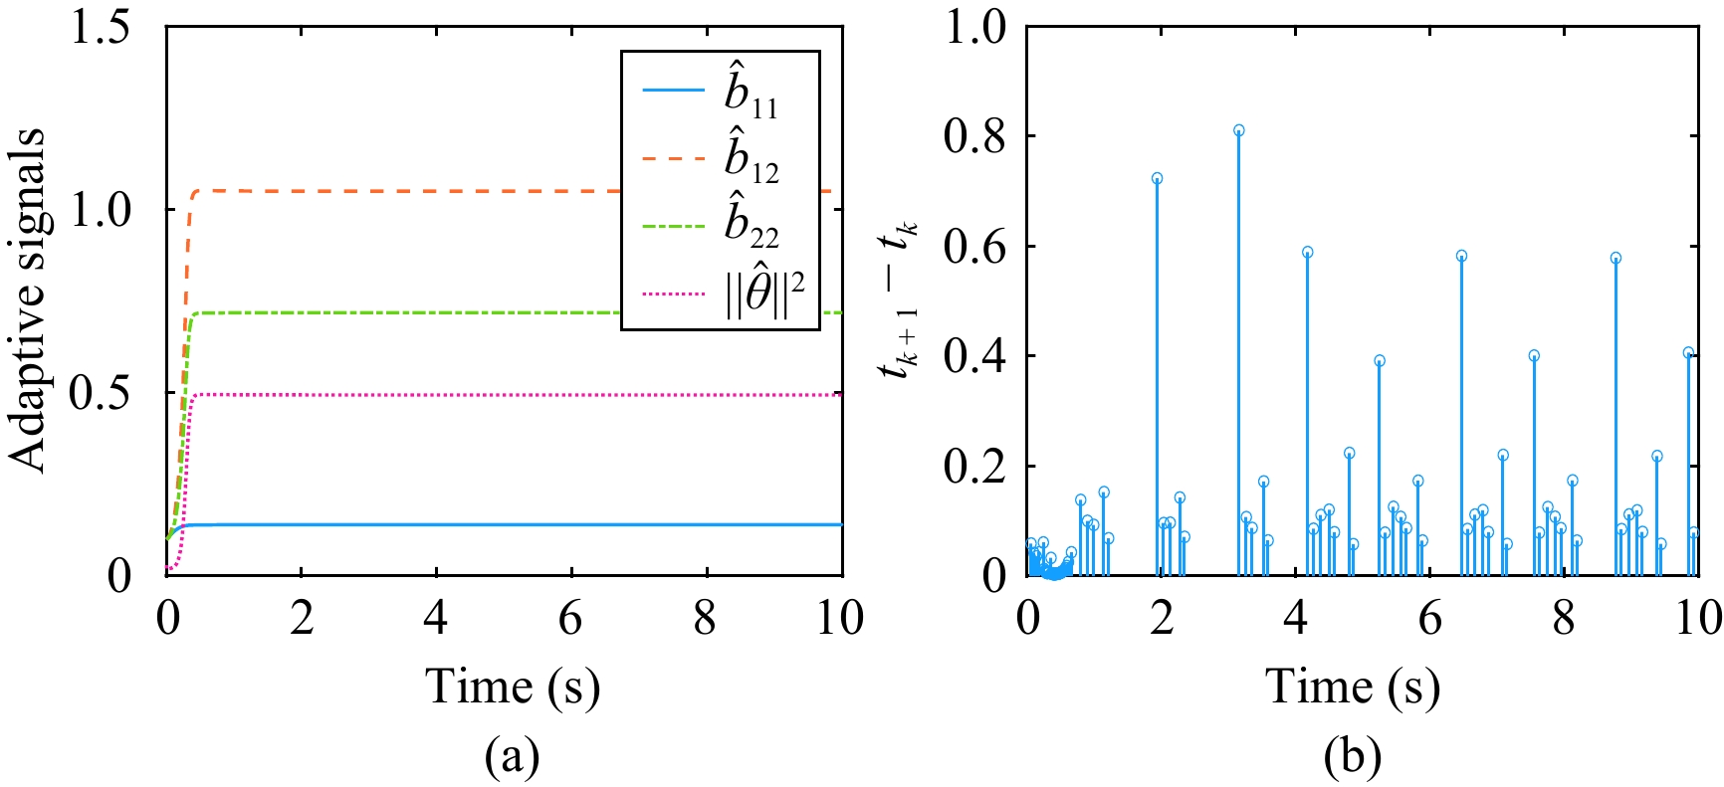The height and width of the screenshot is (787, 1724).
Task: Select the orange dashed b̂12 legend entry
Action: click(719, 158)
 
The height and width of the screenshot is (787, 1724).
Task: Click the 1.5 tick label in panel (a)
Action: click(100, 28)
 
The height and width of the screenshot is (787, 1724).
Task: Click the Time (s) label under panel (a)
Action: click(513, 686)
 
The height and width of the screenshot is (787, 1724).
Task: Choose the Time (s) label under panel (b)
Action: click(1353, 686)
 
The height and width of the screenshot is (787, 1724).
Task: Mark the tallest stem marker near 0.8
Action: click(1238, 130)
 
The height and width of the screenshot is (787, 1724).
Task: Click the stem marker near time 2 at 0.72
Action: click(1157, 179)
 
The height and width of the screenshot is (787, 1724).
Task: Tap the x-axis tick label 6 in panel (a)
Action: click(570, 620)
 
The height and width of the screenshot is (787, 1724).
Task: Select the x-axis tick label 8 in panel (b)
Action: click(1564, 620)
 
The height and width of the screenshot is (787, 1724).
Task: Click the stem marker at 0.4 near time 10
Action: click(1688, 353)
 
